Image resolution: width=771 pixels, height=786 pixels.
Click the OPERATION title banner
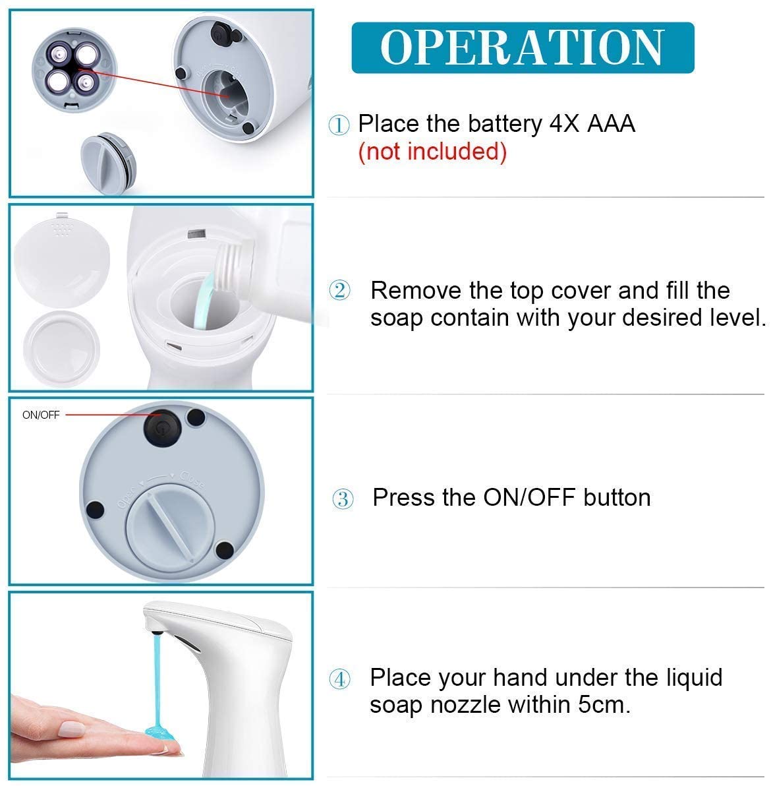pos(522,47)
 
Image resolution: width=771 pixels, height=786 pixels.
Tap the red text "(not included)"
pos(432,152)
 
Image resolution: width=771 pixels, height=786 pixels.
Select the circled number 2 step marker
pos(340,290)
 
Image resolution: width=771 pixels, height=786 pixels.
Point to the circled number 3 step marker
pos(343,499)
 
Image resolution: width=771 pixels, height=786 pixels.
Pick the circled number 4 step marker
pos(341,679)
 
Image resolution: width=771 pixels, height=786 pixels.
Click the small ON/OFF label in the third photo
pos(41,415)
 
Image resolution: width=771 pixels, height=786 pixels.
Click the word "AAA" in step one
pos(610,124)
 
